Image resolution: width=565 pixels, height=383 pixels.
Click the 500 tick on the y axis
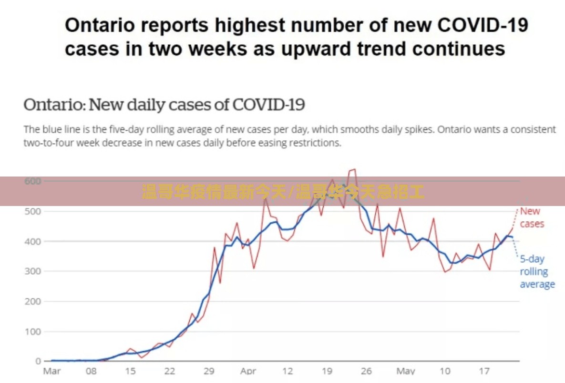point(32,211)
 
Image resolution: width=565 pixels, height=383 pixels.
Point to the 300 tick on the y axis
point(32,271)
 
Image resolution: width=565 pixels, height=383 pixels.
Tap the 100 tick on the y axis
point(32,331)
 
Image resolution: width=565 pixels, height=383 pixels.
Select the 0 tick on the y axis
point(38,361)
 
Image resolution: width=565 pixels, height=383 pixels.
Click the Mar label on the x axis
point(52,371)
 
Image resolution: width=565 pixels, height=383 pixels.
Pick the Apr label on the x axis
point(248,371)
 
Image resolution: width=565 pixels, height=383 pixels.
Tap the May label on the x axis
point(406,371)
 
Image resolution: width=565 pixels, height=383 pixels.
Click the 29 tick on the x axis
point(209,371)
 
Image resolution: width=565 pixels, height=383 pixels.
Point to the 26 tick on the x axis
point(366,371)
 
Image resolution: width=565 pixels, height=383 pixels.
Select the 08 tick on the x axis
point(91,371)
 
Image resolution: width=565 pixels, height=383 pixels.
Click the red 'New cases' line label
point(532,217)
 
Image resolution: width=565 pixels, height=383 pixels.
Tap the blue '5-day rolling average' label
point(537,272)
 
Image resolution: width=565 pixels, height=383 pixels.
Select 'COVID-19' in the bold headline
point(483,25)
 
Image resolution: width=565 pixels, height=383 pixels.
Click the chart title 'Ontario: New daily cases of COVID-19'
point(164,105)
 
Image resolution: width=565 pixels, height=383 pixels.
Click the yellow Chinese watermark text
point(283,191)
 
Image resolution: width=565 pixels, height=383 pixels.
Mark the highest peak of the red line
point(355,169)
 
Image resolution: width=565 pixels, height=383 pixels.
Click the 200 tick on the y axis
point(32,301)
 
